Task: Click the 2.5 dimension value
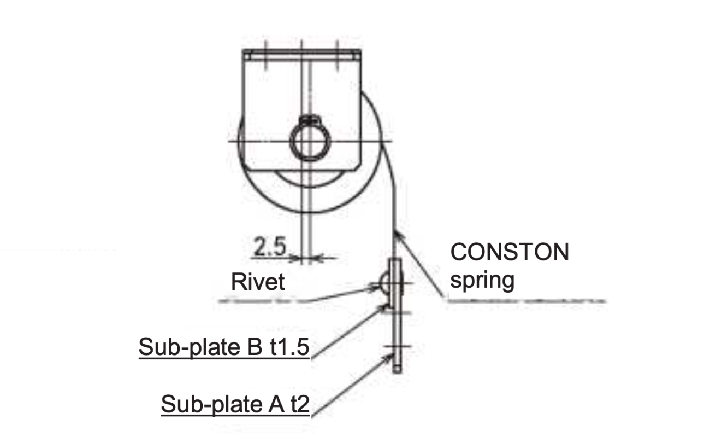[x=269, y=248]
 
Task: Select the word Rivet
[x=258, y=282]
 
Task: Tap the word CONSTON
[x=509, y=253]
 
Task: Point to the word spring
[x=482, y=280]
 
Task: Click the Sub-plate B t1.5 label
[x=224, y=347]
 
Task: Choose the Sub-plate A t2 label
[x=235, y=405]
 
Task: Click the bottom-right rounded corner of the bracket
[x=357, y=165]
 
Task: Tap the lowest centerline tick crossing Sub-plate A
[x=397, y=347]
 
